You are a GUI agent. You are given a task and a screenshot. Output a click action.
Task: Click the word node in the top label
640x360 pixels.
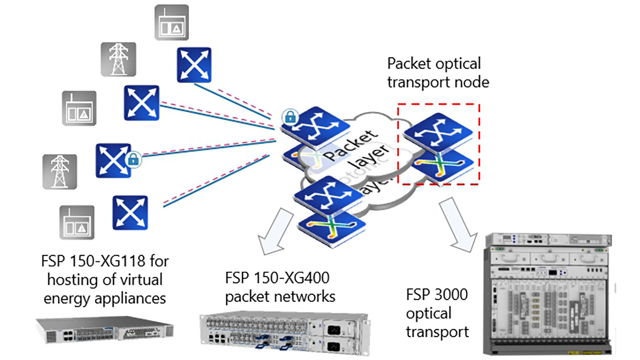click(471, 82)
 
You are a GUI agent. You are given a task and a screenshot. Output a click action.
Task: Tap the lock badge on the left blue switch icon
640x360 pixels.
click(133, 158)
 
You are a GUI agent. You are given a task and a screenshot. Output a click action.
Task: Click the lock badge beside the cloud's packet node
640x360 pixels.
click(289, 117)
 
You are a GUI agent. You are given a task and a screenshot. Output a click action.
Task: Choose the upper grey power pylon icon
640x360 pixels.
click(118, 58)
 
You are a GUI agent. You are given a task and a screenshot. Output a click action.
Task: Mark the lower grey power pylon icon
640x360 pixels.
click(59, 171)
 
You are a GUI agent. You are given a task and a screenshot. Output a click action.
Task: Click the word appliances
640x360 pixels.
click(129, 298)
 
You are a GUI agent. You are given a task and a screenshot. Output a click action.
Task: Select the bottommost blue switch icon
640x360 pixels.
click(130, 212)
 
